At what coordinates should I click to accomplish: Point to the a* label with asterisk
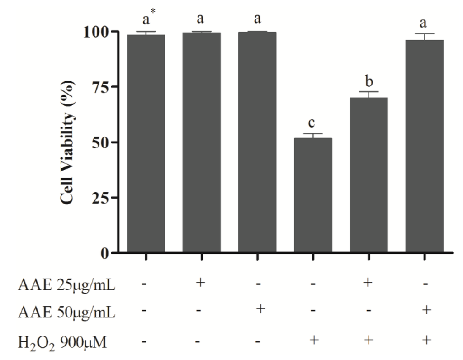(147, 20)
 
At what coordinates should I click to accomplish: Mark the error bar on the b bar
(369, 94)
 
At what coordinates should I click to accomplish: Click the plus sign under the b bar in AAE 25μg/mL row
(369, 283)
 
